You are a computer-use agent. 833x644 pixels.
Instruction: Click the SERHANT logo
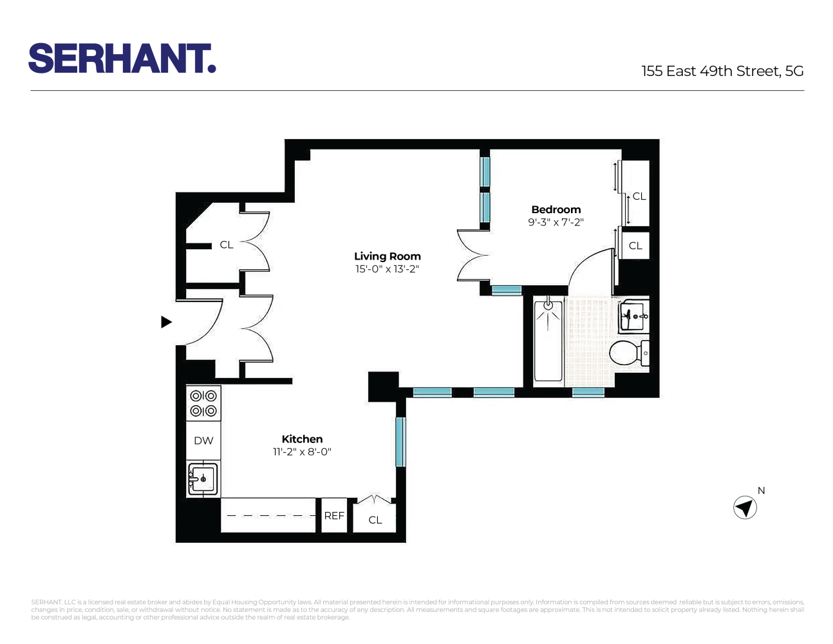point(122,59)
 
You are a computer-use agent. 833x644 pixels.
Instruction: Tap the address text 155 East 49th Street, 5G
point(722,71)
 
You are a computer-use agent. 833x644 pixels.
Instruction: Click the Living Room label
point(387,256)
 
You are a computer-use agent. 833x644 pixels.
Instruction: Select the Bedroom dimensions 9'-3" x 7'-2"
point(556,222)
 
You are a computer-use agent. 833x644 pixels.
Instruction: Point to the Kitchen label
point(302,439)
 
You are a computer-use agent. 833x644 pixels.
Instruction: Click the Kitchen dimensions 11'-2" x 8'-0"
point(302,452)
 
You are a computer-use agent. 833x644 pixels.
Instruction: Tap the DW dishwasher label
point(203,441)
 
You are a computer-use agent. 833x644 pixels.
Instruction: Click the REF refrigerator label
point(334,516)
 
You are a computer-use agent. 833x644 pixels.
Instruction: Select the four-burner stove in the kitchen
point(203,404)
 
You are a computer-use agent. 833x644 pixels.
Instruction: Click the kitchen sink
point(203,478)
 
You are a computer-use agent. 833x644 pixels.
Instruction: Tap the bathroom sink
point(633,316)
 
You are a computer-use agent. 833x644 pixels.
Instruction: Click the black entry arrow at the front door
point(166,322)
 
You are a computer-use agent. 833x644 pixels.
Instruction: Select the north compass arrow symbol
point(745,508)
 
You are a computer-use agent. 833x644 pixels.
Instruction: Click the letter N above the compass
point(761,491)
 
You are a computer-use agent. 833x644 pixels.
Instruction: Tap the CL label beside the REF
point(375,520)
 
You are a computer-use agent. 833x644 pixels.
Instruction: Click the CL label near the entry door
point(227,245)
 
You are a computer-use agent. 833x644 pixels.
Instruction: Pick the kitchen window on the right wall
point(400,442)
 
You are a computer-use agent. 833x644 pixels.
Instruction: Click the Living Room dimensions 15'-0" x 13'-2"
point(387,269)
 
